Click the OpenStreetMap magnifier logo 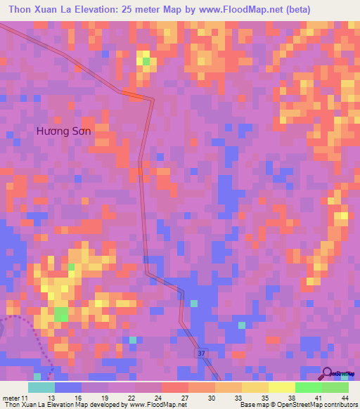pos(328,375)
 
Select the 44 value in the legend pos(345,398)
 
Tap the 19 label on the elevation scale pos(107,398)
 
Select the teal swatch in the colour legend pos(41,387)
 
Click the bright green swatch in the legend pos(309,387)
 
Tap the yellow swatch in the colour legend pos(255,387)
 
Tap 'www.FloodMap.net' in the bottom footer pos(156,405)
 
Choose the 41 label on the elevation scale pos(319,398)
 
